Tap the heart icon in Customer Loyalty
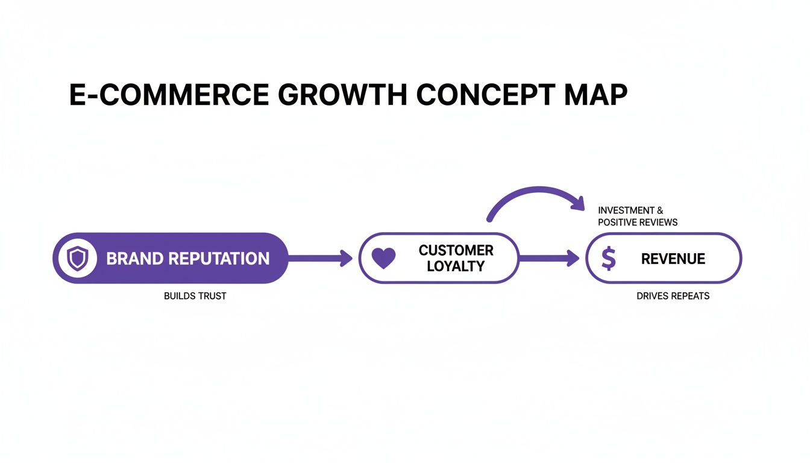pyautogui.click(x=383, y=259)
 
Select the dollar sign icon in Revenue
pyautogui.click(x=609, y=259)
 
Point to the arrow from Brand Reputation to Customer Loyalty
pyautogui.click(x=319, y=259)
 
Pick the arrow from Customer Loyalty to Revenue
pyautogui.click(x=548, y=259)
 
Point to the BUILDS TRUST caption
pyautogui.click(x=195, y=296)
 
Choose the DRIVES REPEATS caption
pyautogui.click(x=673, y=296)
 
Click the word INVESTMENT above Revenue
pyautogui.click(x=626, y=210)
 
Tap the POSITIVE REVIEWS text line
pyautogui.click(x=638, y=222)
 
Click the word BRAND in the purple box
pyautogui.click(x=134, y=259)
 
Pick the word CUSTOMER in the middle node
pyautogui.click(x=456, y=251)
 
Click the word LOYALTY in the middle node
pyautogui.click(x=456, y=266)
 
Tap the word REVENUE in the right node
pyautogui.click(x=673, y=259)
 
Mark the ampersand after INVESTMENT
pyautogui.click(x=660, y=210)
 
